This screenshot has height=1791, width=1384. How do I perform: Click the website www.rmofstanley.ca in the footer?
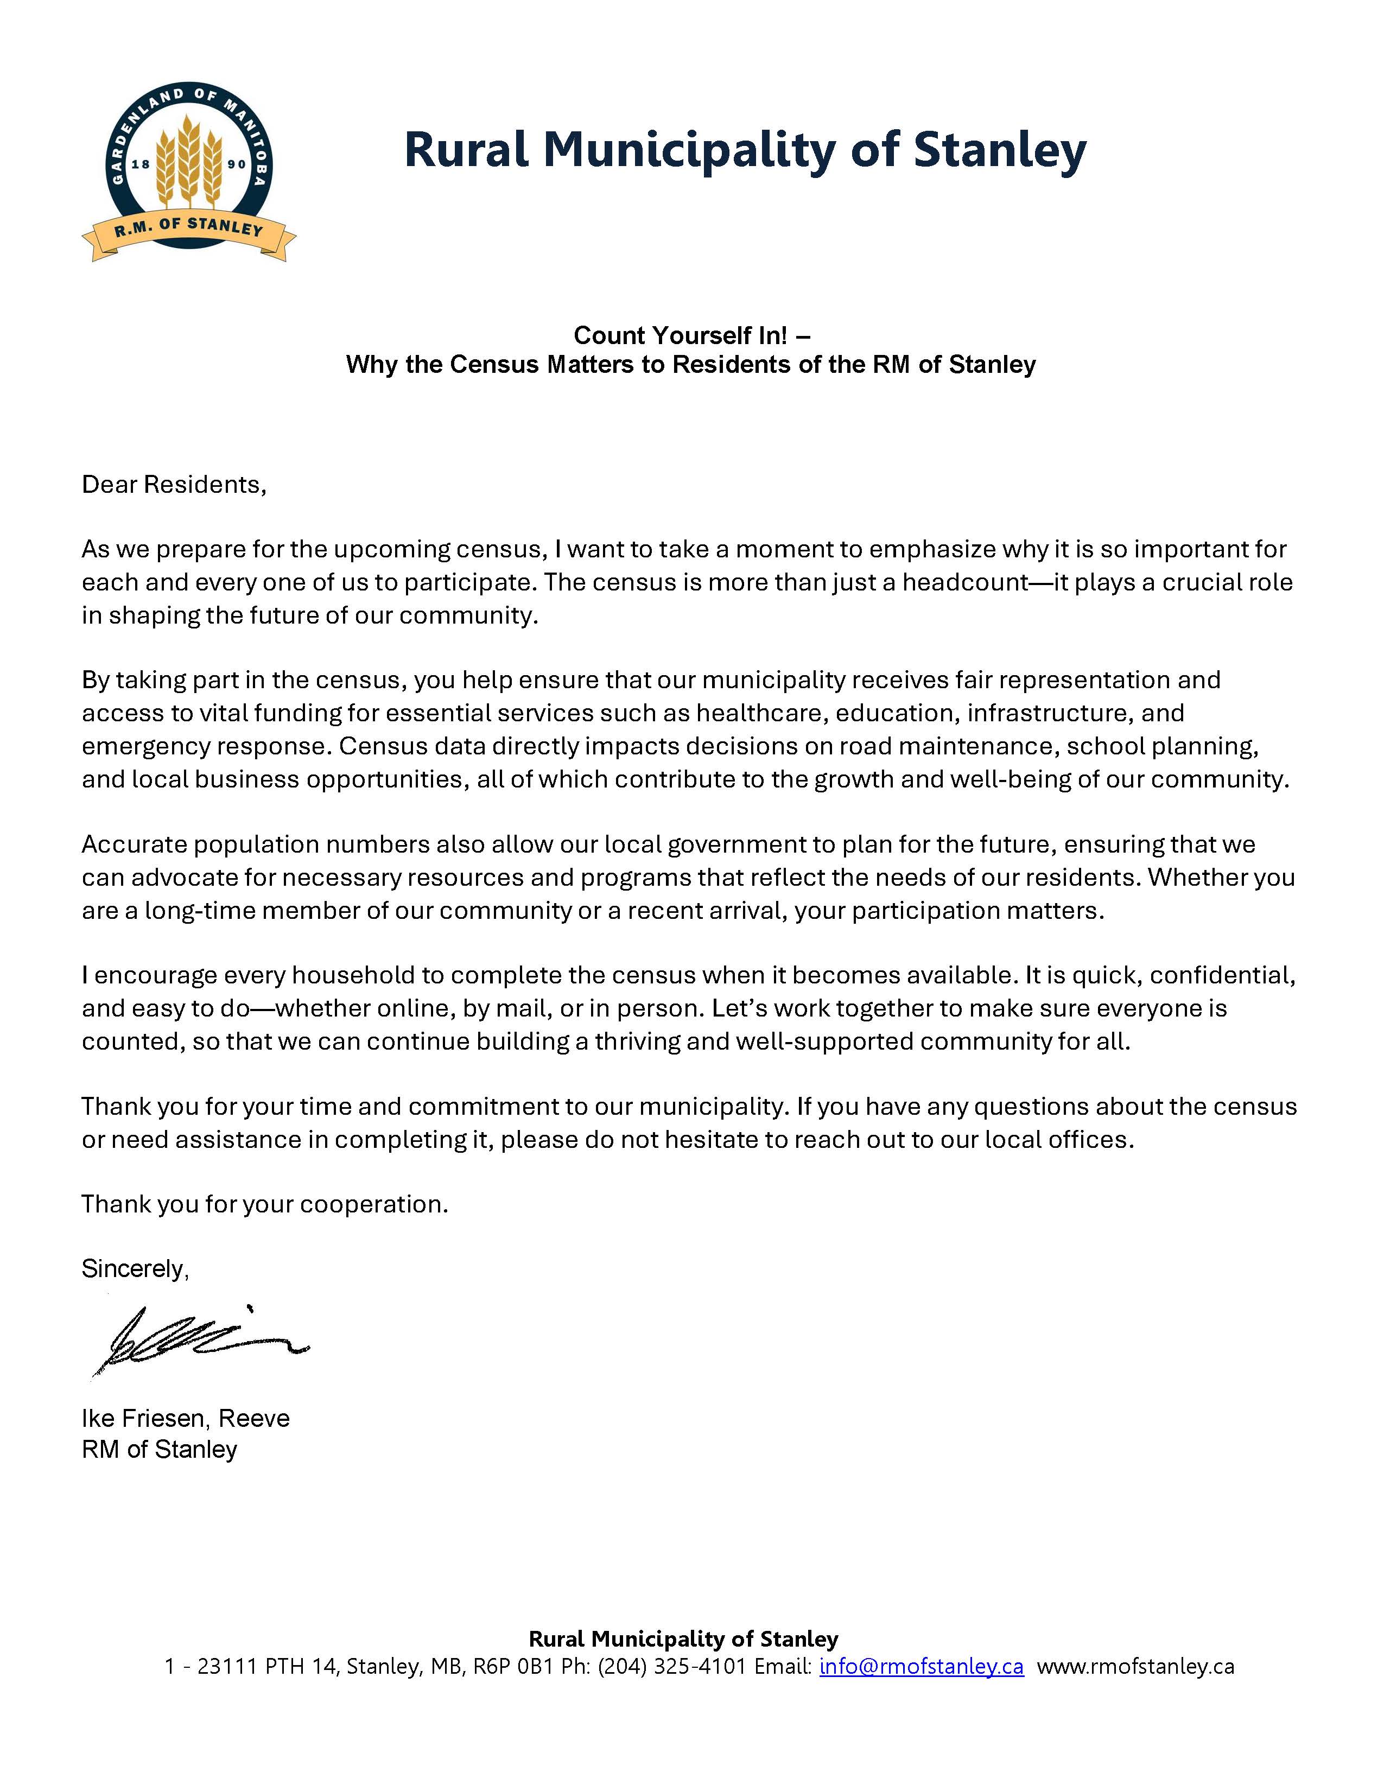tap(1135, 1666)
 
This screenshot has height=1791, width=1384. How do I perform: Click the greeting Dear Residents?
tap(174, 485)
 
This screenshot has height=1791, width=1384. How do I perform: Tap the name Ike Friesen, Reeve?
tap(185, 1418)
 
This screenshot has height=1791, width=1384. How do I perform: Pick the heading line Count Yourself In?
tap(691, 335)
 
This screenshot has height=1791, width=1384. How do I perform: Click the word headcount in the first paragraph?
tap(965, 582)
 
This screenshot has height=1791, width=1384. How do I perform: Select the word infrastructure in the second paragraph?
tap(1048, 713)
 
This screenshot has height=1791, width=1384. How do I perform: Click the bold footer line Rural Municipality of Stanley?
tap(683, 1638)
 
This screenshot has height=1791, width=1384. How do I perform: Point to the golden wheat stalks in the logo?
tap(189, 160)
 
